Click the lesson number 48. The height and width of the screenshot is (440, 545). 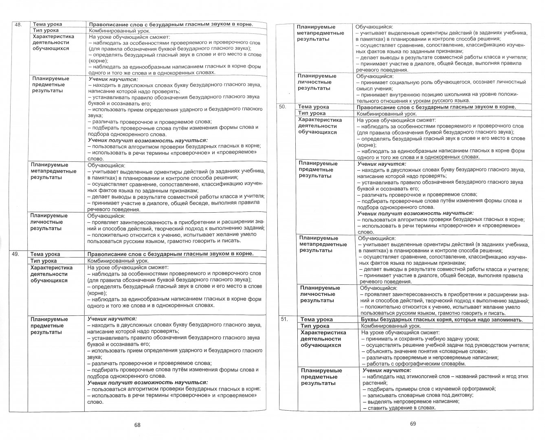pos(18,24)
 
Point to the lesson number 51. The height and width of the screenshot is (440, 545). pos(284,319)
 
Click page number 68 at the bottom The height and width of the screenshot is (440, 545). pos(137,425)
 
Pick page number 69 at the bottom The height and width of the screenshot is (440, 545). pos(412,424)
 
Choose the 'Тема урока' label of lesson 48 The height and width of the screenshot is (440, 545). pos(47,24)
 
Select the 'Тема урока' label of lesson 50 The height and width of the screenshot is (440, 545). pos(314,107)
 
